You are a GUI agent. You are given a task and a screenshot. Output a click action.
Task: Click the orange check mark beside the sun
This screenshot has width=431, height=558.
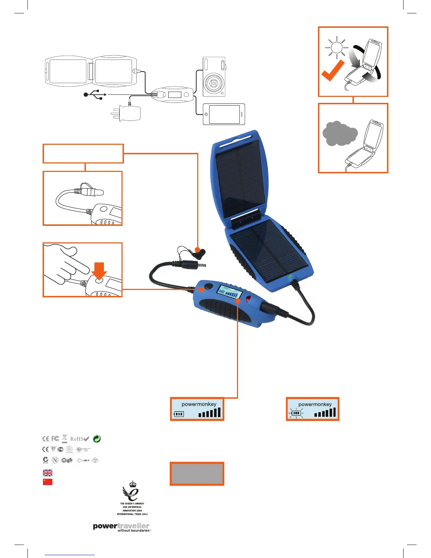click(332, 70)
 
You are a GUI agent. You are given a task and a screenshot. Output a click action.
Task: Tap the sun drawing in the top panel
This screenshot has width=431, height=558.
click(337, 48)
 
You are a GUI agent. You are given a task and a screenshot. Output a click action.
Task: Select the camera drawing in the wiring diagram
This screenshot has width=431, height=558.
click(214, 77)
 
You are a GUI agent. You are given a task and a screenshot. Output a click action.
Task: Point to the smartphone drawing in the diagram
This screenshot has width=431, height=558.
click(224, 114)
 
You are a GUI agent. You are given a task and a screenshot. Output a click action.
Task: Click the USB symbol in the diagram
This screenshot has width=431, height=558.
click(95, 94)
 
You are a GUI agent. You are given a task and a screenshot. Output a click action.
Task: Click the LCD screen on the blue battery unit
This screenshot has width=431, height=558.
click(230, 292)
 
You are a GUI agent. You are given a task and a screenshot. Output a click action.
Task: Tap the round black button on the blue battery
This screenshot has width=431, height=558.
click(209, 286)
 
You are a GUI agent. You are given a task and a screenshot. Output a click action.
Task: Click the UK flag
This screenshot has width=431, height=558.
click(48, 473)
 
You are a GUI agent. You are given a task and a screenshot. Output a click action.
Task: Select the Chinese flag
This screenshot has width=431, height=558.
click(48, 482)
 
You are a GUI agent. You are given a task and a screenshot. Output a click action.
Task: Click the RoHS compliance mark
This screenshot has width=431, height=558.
click(79, 439)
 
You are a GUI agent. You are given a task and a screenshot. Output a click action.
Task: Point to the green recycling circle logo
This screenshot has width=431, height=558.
click(96, 439)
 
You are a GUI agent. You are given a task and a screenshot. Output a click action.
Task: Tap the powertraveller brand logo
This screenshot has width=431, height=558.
click(121, 527)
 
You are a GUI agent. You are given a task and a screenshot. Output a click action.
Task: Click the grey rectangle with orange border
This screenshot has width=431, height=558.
click(197, 474)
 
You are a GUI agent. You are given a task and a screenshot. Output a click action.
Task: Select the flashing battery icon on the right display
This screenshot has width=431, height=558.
click(296, 413)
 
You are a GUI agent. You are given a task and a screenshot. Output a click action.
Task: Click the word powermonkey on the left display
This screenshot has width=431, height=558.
click(199, 404)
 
